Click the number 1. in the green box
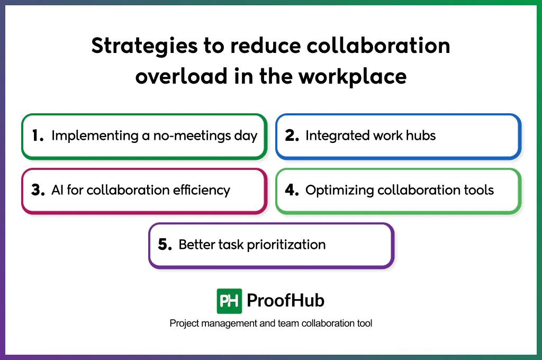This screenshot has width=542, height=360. click(38, 136)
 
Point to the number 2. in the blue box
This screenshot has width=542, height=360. click(292, 136)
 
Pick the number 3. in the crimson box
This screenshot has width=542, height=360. click(38, 191)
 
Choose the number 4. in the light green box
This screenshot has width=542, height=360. click(292, 191)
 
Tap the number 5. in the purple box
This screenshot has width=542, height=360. click(165, 245)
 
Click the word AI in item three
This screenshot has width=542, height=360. click(57, 191)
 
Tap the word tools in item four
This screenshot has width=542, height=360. click(478, 191)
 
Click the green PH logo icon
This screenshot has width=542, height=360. click(229, 301)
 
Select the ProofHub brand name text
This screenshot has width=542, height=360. click(286, 301)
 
